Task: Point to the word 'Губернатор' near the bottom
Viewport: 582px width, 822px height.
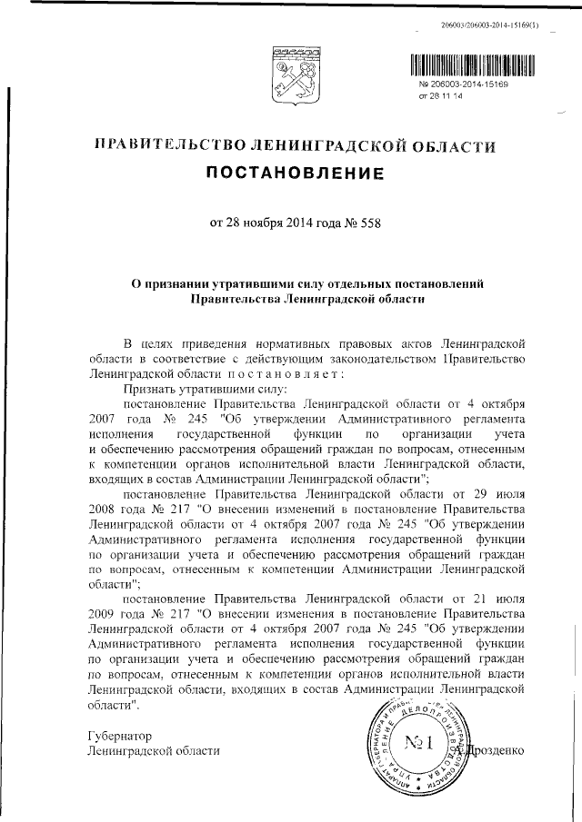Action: coord(118,735)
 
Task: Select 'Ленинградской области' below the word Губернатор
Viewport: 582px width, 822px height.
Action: coord(152,751)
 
